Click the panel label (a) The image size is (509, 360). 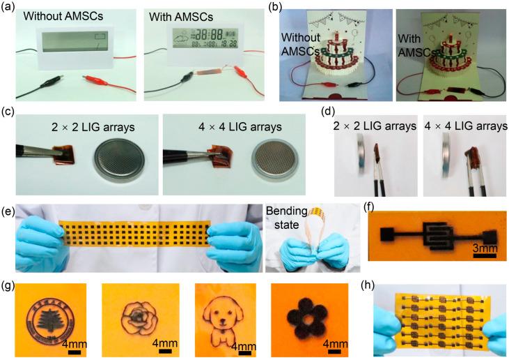(x=10, y=7)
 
